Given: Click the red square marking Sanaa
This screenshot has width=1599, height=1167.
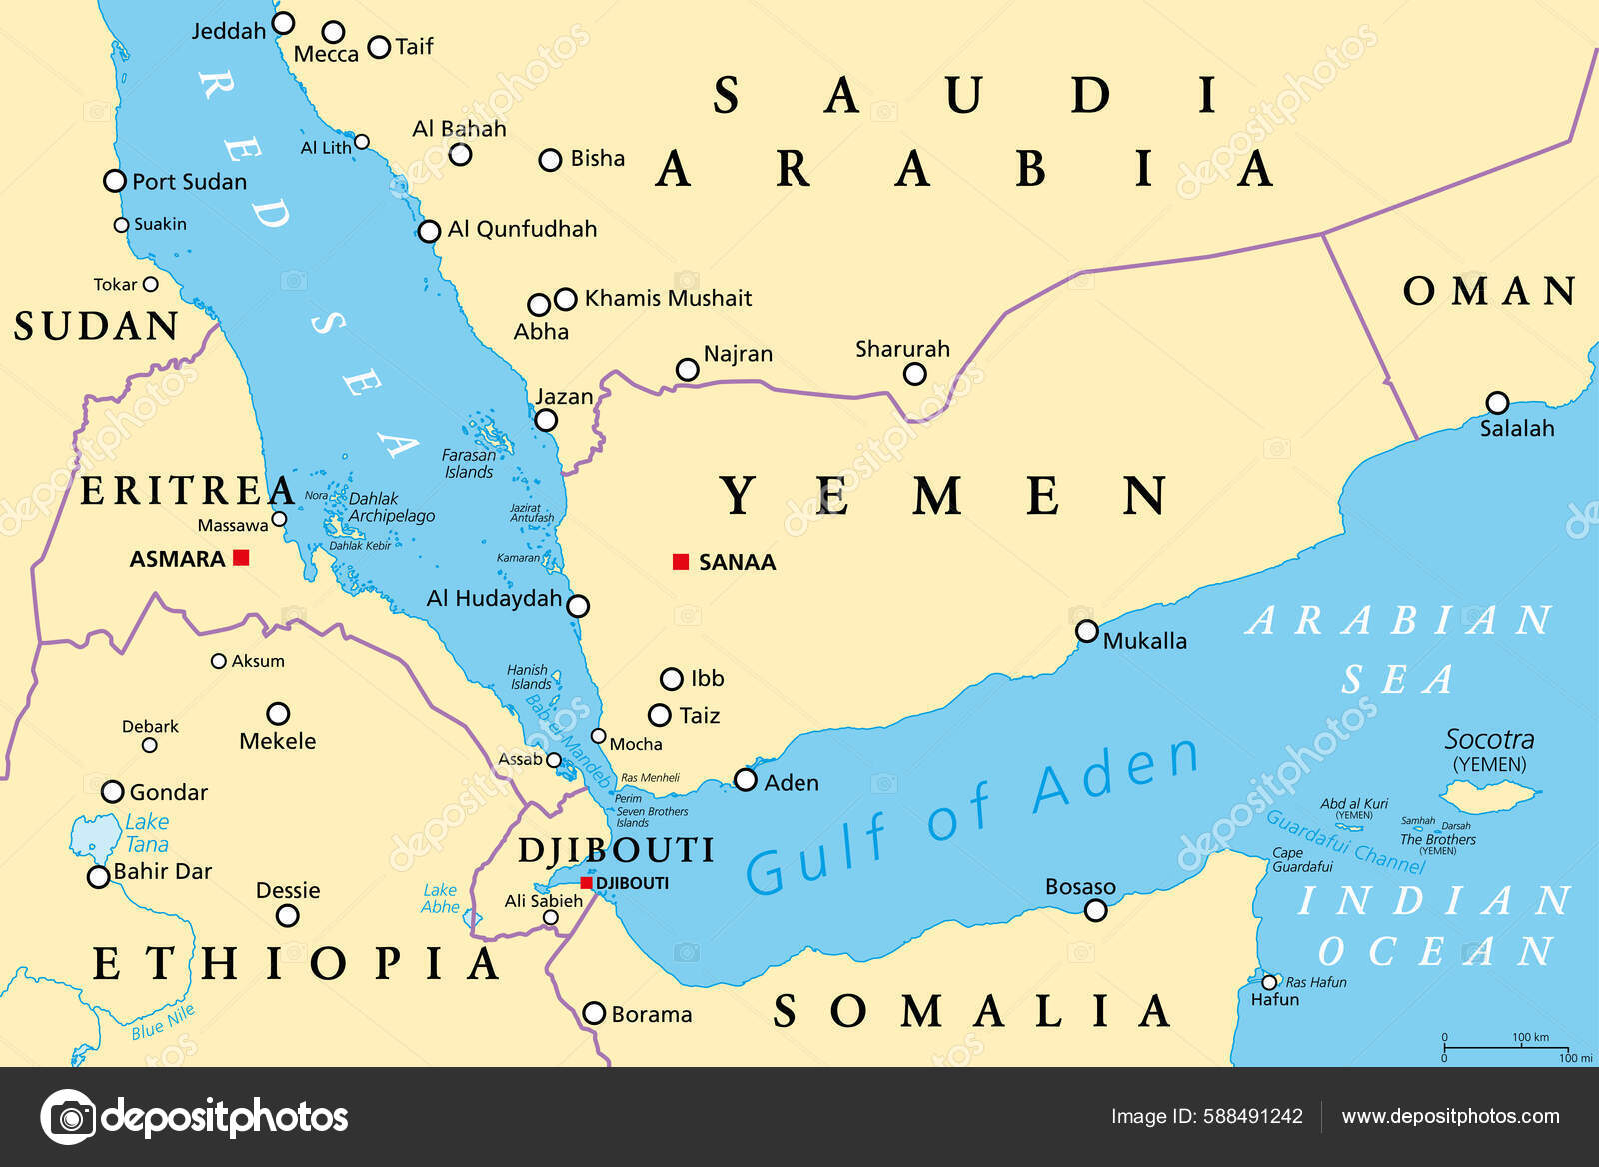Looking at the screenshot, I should pyautogui.click(x=681, y=562).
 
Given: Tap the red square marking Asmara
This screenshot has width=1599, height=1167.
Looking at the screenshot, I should pyautogui.click(x=241, y=558).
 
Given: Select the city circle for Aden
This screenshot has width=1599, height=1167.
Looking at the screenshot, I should pyautogui.click(x=746, y=780).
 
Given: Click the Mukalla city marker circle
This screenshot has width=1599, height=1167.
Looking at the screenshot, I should pyautogui.click(x=1087, y=631).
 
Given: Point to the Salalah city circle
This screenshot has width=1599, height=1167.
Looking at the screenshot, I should pyautogui.click(x=1497, y=403).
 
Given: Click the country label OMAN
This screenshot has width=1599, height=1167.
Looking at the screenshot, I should pyautogui.click(x=1489, y=291).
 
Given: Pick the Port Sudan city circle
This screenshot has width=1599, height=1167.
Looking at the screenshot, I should pyautogui.click(x=115, y=181).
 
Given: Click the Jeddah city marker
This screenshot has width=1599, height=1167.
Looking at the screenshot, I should pyautogui.click(x=284, y=22).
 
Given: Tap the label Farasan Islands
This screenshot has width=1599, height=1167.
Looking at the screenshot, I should pyautogui.click(x=469, y=463).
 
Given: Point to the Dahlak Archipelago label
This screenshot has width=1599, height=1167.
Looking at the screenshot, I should pyautogui.click(x=390, y=507).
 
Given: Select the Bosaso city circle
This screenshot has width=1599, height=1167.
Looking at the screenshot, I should pyautogui.click(x=1096, y=910).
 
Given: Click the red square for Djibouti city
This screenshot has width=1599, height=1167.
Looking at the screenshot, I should pyautogui.click(x=587, y=883).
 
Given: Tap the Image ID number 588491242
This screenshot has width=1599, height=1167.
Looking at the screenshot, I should pyautogui.click(x=1256, y=1117).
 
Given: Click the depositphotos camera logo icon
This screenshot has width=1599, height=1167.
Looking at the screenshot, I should pyautogui.click(x=69, y=1117).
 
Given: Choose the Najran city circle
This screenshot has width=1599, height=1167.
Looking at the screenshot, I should pyautogui.click(x=688, y=370).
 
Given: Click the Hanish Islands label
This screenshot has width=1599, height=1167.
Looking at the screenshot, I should pyautogui.click(x=529, y=677).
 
